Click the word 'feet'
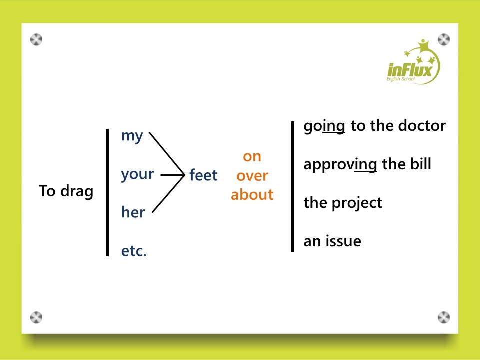click(x=203, y=175)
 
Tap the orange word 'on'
click(x=252, y=156)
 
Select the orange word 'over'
click(x=252, y=176)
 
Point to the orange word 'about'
click(x=252, y=194)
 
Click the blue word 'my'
click(x=132, y=136)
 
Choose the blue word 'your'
click(x=137, y=175)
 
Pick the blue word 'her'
click(x=133, y=212)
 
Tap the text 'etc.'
click(x=134, y=251)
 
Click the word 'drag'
click(x=77, y=192)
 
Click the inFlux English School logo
click(x=413, y=63)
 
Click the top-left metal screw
click(x=36, y=40)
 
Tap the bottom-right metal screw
click(x=444, y=317)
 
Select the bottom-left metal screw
click(x=36, y=318)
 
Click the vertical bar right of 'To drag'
click(x=107, y=192)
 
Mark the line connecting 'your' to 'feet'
click(x=172, y=175)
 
